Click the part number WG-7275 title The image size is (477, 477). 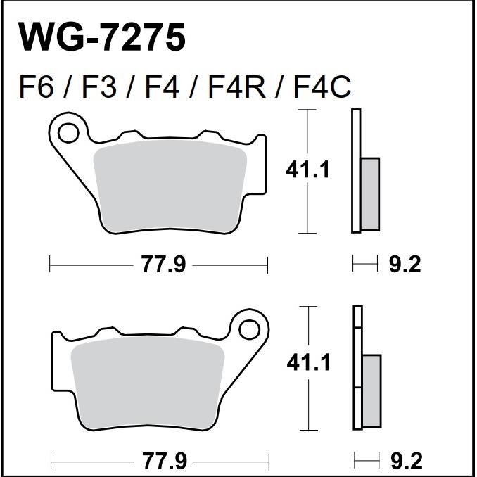(102, 37)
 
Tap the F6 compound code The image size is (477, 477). (37, 88)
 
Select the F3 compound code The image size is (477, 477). (99, 88)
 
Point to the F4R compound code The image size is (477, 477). (236, 88)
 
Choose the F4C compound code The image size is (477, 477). (322, 88)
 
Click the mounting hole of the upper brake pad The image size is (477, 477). (68, 133)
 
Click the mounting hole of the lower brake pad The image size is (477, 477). (249, 330)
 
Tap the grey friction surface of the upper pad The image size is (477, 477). (170, 186)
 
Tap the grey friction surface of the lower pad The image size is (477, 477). (148, 383)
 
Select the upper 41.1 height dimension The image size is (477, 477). (307, 170)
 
